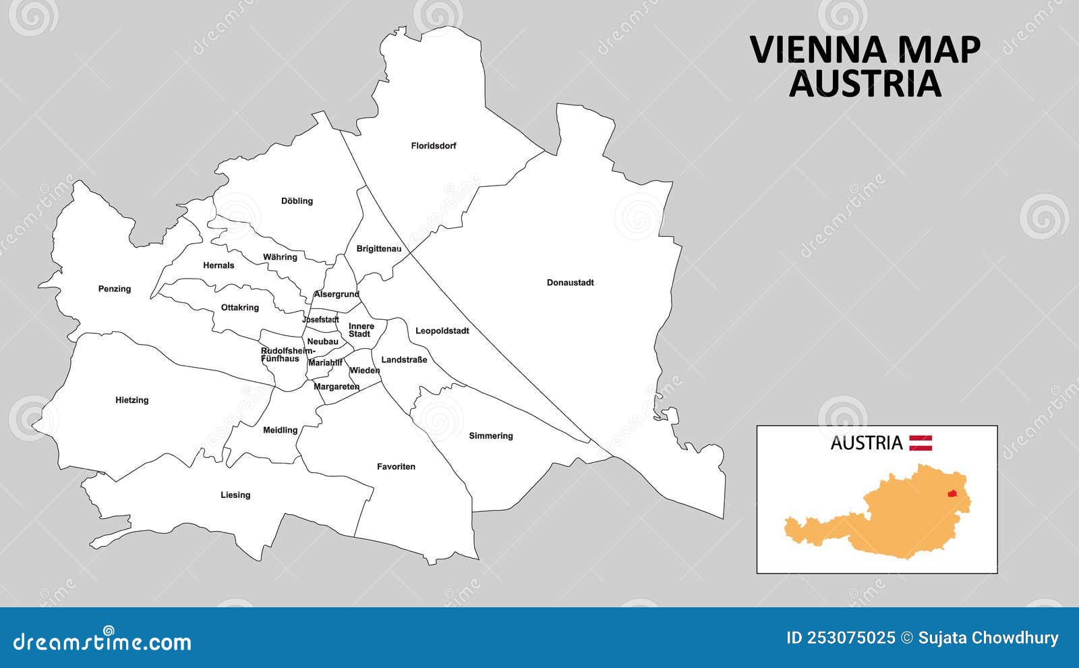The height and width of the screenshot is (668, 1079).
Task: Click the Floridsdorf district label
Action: tap(434, 146)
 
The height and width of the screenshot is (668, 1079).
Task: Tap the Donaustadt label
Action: tap(570, 283)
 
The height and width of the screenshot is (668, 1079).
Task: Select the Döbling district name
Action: tap(297, 201)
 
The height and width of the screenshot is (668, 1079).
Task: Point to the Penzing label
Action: tap(115, 289)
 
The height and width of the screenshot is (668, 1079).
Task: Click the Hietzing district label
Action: tap(132, 400)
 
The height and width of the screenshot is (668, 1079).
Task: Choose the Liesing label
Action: tap(235, 495)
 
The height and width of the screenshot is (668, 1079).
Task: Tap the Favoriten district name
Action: tap(396, 467)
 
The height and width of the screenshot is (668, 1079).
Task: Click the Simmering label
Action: tap(491, 436)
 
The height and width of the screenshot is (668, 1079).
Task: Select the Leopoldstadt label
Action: tap(442, 331)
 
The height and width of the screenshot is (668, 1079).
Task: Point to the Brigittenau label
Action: tap(378, 249)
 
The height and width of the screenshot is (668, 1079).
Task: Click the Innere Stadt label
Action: tap(361, 330)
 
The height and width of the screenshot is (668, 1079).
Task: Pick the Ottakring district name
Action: tap(239, 308)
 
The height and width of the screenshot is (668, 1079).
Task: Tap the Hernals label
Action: tap(218, 266)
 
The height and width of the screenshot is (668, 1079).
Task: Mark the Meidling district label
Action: tap(280, 430)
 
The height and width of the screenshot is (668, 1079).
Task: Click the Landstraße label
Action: tap(404, 360)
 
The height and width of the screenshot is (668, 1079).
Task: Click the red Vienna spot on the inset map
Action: tap(953, 494)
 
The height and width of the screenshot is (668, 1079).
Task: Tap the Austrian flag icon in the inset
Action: tap(921, 443)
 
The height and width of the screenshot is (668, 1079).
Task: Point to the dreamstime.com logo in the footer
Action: tap(103, 641)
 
